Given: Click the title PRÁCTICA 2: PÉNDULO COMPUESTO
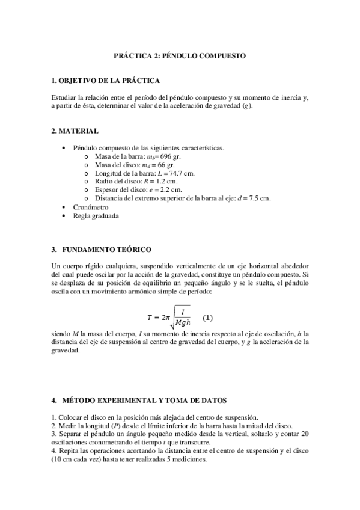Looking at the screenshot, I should (x=180, y=55).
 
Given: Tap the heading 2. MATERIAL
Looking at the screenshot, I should (x=75, y=131).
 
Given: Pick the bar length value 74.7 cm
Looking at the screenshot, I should (x=181, y=173).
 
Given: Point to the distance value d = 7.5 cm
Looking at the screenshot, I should (x=255, y=198).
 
